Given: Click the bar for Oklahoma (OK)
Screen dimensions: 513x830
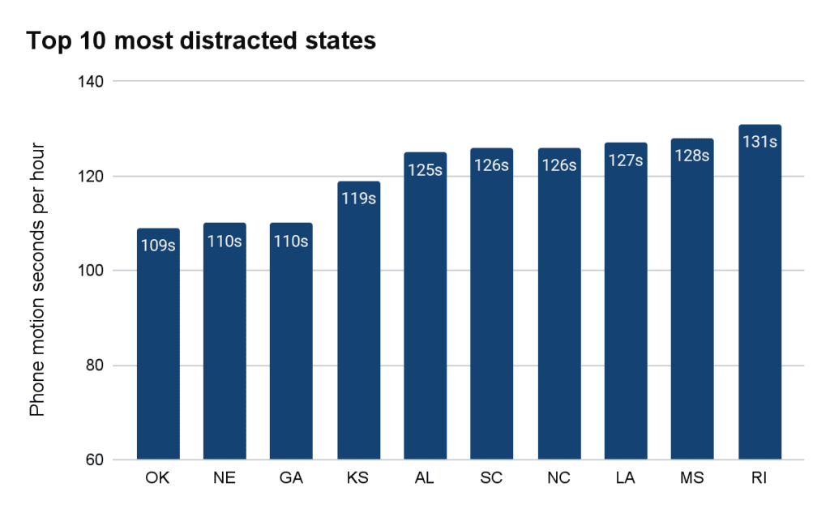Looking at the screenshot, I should coord(158,348).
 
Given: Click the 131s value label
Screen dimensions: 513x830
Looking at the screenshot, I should coord(759,142).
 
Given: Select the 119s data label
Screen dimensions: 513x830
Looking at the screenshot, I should coord(358,199).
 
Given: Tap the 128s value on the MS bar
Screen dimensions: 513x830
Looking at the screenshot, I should coord(693,156).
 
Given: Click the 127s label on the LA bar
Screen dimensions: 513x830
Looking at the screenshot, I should coord(626,160).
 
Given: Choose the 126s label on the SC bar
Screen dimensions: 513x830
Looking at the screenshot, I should coord(492,165).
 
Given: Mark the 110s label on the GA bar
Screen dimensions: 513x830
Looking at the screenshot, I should coord(291,241).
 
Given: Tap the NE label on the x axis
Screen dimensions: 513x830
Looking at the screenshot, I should coord(225,479).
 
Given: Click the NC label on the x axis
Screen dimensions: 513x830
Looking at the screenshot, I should coord(559,479).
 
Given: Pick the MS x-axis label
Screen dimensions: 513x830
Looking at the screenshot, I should coord(693,479).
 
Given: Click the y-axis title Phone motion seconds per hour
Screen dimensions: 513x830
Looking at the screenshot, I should coord(38,280).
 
